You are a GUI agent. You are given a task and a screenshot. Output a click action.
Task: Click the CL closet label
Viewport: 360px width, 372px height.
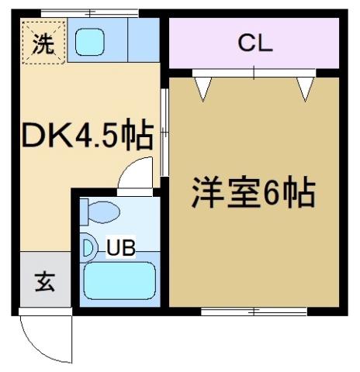(x=254, y=44)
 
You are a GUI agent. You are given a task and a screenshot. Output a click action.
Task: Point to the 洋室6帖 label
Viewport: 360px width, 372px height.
(x=253, y=192)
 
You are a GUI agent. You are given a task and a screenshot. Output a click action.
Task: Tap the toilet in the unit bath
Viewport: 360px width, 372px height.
(x=102, y=212)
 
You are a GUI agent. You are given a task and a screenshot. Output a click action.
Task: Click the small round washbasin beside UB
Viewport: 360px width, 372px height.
(x=88, y=248)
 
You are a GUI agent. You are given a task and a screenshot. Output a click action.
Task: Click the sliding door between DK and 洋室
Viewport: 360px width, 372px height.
(x=164, y=132)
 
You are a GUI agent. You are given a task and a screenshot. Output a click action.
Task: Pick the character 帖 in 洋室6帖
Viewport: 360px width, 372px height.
(x=299, y=192)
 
